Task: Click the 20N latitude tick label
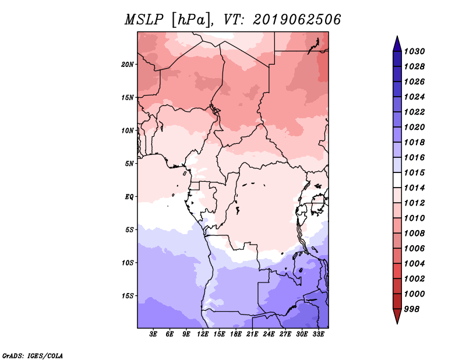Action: tap(128, 65)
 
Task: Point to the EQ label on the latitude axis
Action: tap(129, 197)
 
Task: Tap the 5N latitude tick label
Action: tap(129, 164)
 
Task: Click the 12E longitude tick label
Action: tap(203, 334)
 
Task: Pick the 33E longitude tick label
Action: tap(318, 334)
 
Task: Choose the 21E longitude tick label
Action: tap(252, 334)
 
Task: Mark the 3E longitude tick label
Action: tap(153, 334)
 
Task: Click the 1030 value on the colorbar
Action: tap(414, 51)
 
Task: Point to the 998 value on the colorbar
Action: tap(412, 309)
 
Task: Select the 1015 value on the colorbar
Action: tap(414, 172)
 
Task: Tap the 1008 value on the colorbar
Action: tap(414, 234)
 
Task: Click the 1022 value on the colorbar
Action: tap(414, 112)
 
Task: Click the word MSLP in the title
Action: tap(144, 20)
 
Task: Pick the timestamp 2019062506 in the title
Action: tap(296, 20)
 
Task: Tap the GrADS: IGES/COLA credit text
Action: tap(33, 356)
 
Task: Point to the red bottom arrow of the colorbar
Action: tap(397, 315)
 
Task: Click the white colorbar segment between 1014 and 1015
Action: tap(397, 180)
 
